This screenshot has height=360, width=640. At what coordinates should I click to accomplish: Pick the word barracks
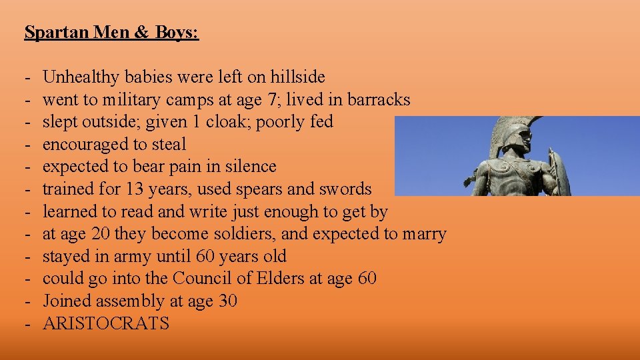(x=378, y=100)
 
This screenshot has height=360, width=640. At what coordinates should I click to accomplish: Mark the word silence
(x=246, y=167)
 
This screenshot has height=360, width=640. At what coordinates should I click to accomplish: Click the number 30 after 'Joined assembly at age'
(x=227, y=301)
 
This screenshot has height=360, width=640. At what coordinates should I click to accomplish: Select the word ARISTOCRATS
(x=106, y=324)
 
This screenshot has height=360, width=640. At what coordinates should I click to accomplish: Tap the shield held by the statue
(x=558, y=172)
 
